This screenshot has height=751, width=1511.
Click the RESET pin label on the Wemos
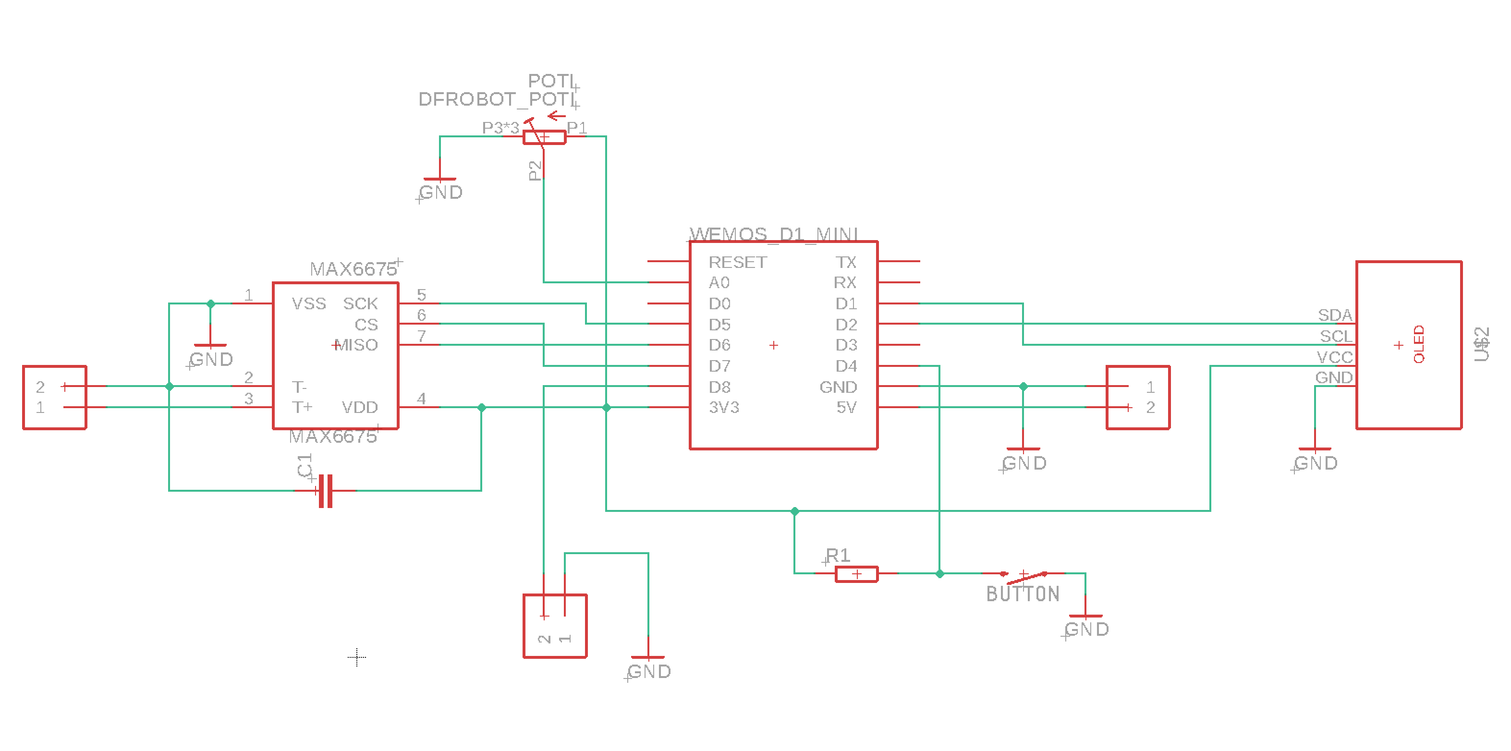[x=737, y=262]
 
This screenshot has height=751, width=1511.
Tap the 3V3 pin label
[x=723, y=408]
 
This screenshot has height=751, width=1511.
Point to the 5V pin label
[x=846, y=408]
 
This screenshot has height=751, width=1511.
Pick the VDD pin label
[x=360, y=408]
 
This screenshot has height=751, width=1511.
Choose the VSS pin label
[x=308, y=303]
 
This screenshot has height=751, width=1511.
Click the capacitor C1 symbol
[x=326, y=491]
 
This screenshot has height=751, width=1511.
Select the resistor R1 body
[x=856, y=574]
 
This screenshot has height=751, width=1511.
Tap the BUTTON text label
[x=1023, y=594]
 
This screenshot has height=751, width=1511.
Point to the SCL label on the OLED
[x=1336, y=337]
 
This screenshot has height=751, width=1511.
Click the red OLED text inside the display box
[x=1418, y=344]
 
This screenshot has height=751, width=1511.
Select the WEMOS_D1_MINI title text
[x=774, y=234]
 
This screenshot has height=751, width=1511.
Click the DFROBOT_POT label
[x=496, y=100]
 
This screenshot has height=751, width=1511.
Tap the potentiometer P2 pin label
[x=535, y=170]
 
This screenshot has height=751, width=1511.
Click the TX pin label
[x=846, y=262]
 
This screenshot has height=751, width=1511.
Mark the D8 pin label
[x=719, y=387]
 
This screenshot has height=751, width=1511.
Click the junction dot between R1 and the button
[x=939, y=574]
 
